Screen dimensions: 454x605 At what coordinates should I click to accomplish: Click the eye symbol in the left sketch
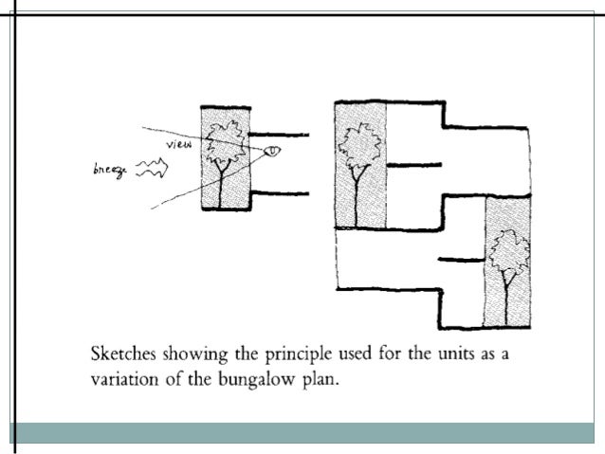coord(272,150)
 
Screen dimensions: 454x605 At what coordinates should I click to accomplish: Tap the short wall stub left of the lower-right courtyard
coord(461,259)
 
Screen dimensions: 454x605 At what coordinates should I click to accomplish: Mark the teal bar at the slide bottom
coord(302,432)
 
